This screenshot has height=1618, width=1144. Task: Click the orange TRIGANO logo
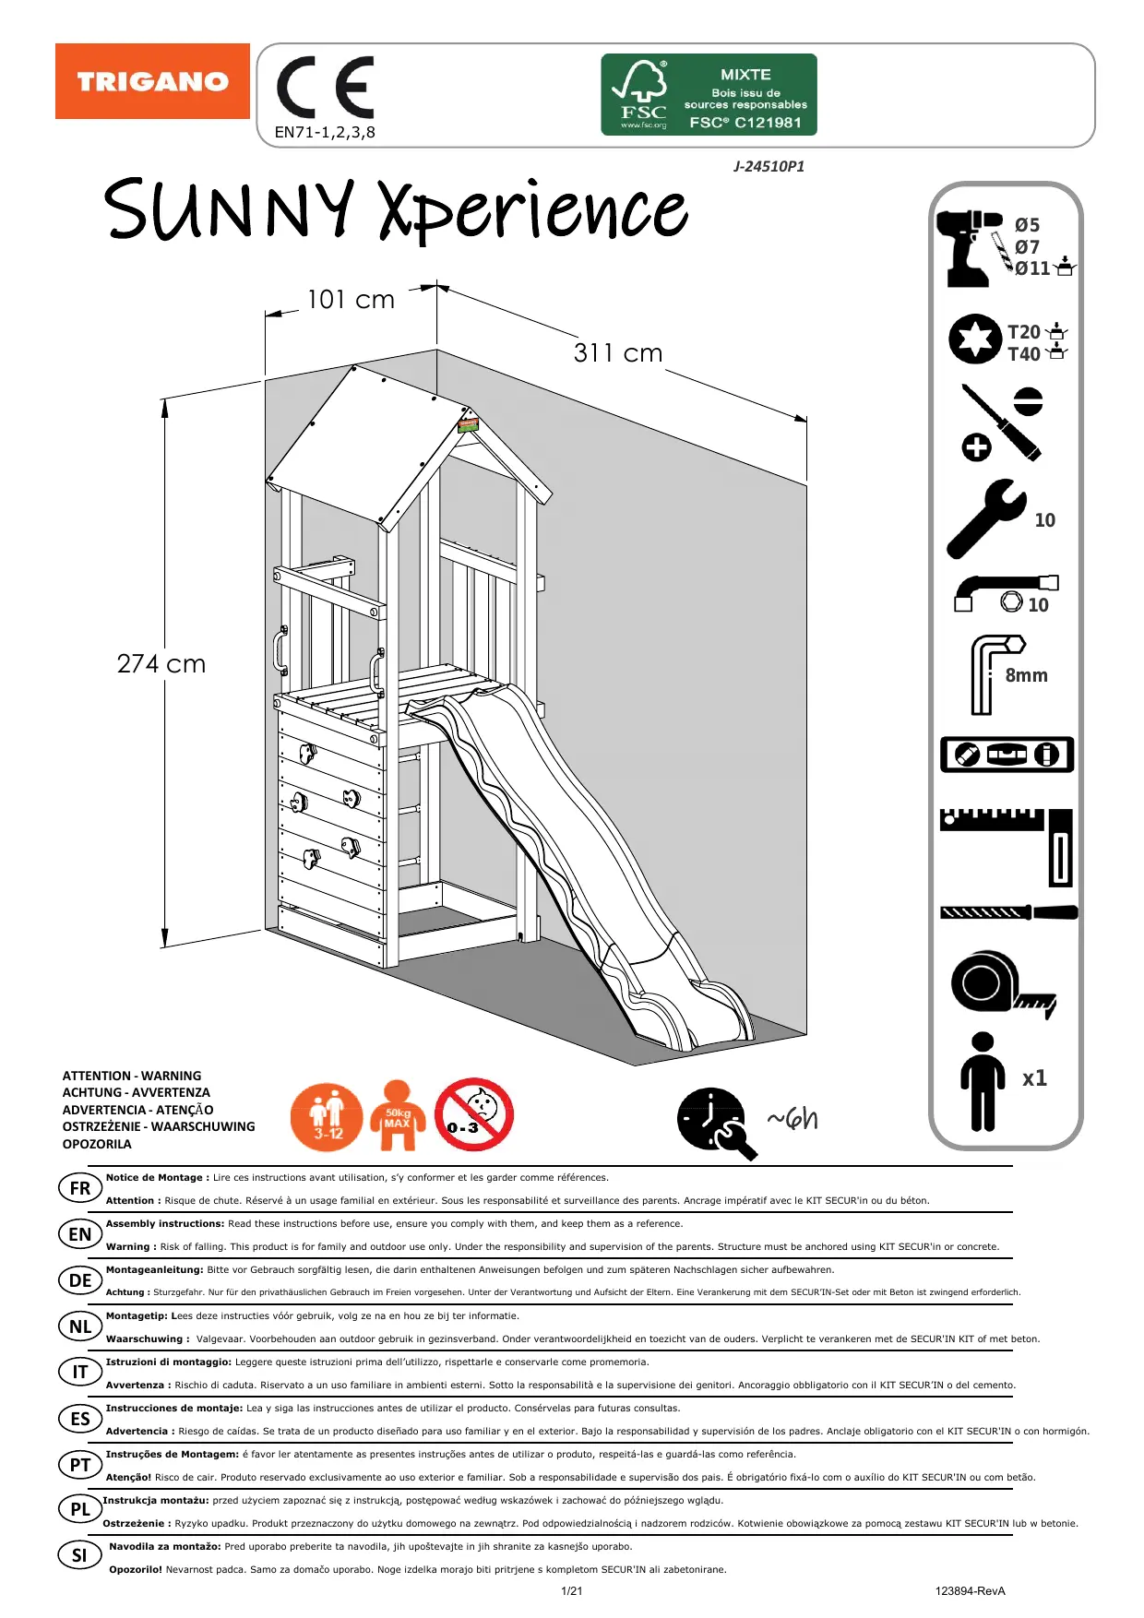(152, 81)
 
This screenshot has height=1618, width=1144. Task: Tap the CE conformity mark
(326, 88)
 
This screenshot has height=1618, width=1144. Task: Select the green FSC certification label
(709, 94)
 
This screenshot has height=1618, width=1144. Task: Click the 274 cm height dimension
(161, 664)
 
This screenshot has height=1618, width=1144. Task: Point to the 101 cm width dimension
(351, 300)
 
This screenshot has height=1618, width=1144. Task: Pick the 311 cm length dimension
(618, 353)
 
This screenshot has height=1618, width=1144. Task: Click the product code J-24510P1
(769, 167)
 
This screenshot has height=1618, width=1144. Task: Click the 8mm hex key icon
(993, 673)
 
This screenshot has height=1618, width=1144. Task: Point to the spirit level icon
(1007, 755)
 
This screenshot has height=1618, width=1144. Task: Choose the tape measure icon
(1000, 984)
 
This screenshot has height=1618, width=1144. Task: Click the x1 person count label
(1034, 1077)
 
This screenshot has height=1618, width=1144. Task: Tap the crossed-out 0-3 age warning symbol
(474, 1114)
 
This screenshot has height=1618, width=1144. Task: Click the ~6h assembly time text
(792, 1119)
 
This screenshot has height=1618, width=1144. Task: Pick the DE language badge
(80, 1280)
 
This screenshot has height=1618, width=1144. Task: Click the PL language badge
(80, 1509)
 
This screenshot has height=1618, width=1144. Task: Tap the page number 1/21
(572, 1591)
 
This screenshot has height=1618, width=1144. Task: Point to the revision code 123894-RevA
(970, 1591)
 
